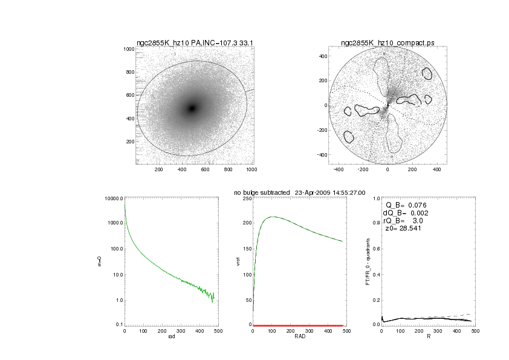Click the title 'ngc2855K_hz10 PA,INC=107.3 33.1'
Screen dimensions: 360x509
(x=193, y=43)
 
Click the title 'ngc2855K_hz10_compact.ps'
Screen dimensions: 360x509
(x=387, y=43)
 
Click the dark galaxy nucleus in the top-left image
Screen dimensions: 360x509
(x=192, y=108)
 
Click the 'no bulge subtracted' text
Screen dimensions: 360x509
(x=261, y=192)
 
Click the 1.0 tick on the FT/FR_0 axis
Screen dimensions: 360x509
(x=375, y=198)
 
